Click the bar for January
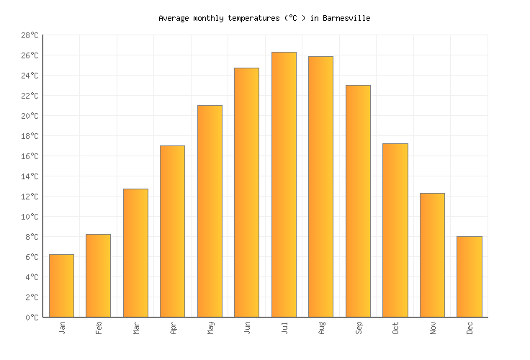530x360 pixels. coord(61,286)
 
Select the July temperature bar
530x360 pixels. coord(284,184)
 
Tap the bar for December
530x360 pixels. coord(469,276)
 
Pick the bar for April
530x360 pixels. coord(172,231)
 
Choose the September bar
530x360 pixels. coord(358,201)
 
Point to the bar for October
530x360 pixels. coord(395,230)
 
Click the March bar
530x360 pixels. coord(135,253)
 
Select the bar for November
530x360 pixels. coord(432,255)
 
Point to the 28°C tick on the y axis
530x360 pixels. coord(30,35)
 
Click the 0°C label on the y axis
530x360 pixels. coord(32,318)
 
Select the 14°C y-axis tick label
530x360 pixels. coord(30,176)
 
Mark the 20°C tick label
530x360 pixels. coord(30,116)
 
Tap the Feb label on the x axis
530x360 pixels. coord(99,328)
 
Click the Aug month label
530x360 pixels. coord(321,328)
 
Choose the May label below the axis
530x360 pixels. coord(210,328)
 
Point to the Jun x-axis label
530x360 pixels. coord(247,328)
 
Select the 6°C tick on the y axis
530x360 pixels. coord(32,257)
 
